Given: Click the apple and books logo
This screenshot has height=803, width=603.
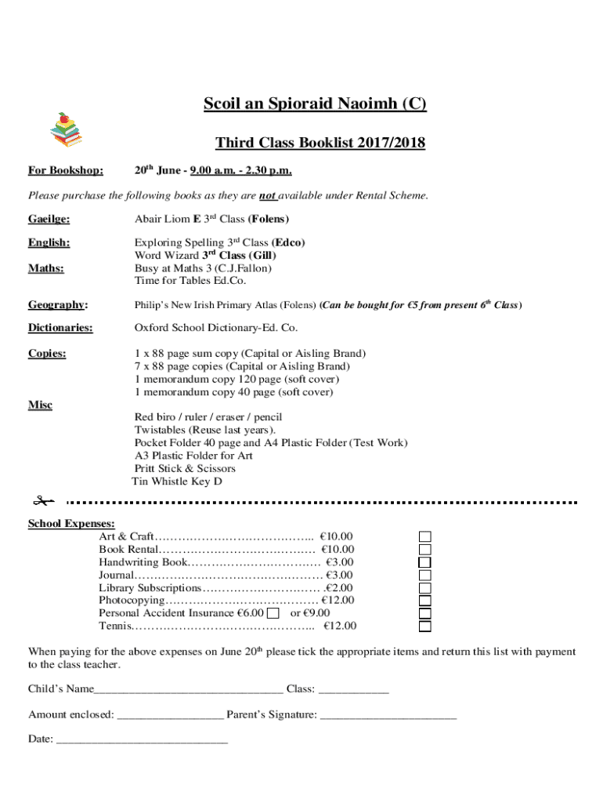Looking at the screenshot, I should click(66, 130).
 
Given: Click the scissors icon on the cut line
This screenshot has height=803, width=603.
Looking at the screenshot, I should click(42, 500).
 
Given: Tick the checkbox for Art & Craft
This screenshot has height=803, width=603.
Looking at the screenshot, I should click(424, 537).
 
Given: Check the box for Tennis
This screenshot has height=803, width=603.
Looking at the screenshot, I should click(424, 627).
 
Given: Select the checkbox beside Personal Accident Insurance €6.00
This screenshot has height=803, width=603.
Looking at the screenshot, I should click(273, 613).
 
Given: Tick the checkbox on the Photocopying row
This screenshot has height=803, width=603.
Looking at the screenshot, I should click(424, 601).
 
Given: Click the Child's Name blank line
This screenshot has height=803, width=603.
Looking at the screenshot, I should click(188, 690).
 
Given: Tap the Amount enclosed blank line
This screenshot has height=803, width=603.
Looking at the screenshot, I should click(170, 715).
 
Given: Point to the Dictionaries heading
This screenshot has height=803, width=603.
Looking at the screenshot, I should click(60, 328).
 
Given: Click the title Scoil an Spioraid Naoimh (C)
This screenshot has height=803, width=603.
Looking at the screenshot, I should click(315, 105).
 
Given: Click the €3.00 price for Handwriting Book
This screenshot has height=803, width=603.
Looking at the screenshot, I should click(340, 562).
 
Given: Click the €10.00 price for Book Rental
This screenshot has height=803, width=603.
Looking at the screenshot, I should click(337, 550).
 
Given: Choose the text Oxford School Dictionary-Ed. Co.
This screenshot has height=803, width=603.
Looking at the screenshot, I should click(215, 328).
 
